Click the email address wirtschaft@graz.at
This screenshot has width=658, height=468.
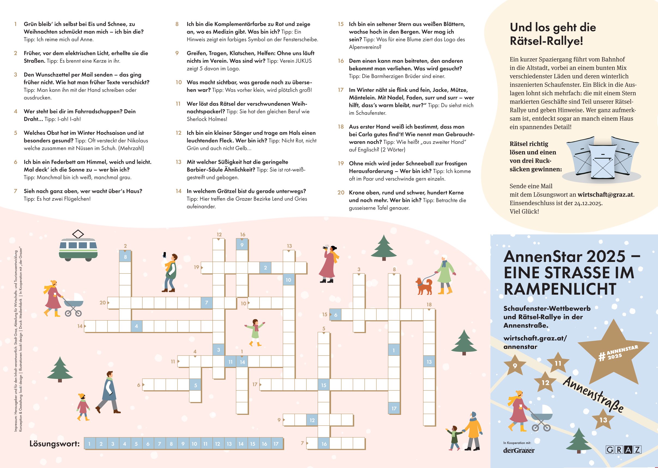tap(606, 195)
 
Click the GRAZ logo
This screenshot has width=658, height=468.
tap(623, 449)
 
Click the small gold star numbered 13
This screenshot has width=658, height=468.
tap(603, 420)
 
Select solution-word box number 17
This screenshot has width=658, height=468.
tap(276, 444)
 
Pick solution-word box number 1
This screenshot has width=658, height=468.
tap(90, 444)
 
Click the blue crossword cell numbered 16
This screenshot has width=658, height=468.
tap(324, 444)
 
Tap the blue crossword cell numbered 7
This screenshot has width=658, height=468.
tap(207, 303)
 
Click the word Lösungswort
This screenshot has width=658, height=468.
tap(54, 443)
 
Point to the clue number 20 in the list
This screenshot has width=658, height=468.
tap(341, 192)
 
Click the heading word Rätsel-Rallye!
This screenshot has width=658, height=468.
tap(546, 41)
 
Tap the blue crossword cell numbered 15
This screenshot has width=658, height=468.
tap(324, 385)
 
